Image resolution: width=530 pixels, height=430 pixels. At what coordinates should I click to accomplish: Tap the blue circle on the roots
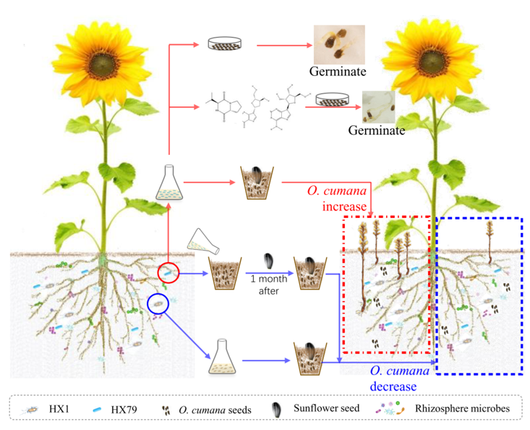tap(158, 303)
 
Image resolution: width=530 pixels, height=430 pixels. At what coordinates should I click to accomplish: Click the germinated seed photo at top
tap(338, 45)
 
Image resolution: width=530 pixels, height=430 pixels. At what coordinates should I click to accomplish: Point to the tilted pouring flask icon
tap(199, 239)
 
